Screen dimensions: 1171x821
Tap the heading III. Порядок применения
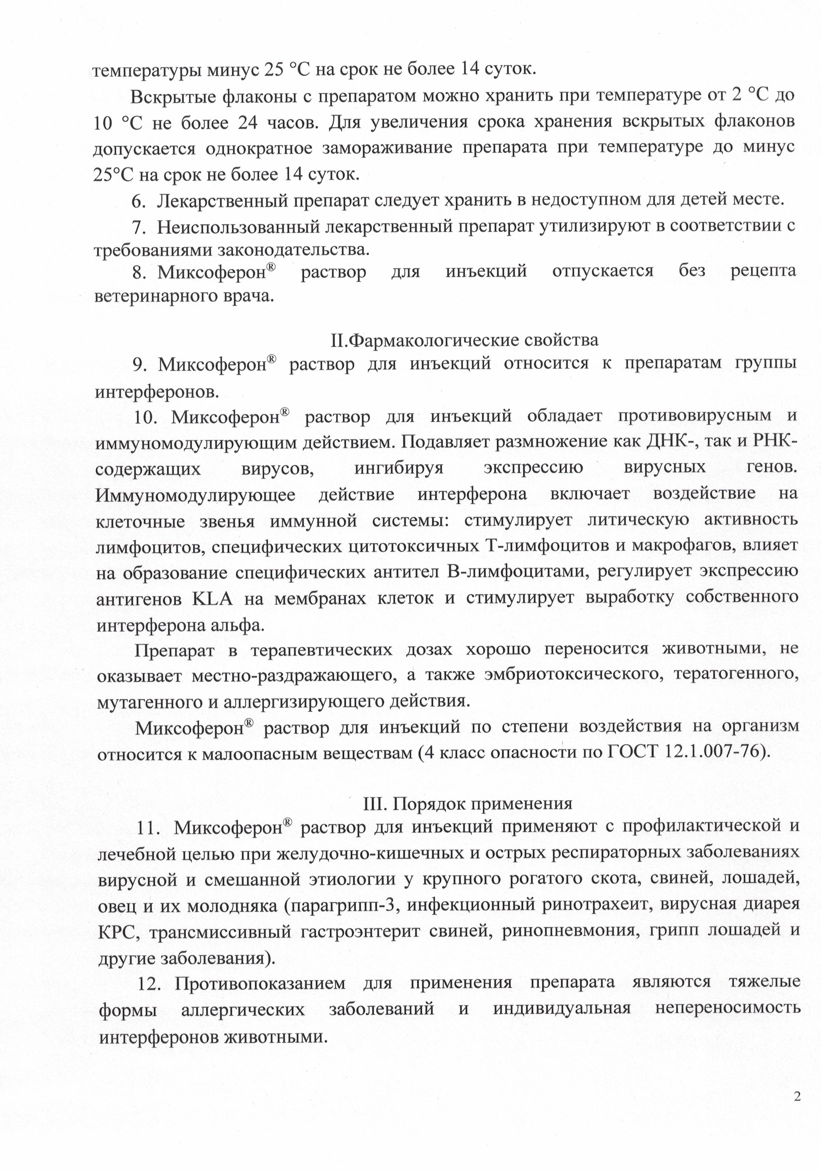(x=467, y=803)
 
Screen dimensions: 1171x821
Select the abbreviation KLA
(x=212, y=599)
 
